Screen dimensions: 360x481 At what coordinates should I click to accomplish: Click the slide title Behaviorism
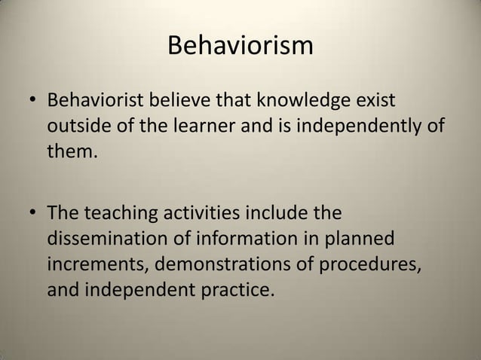tap(240, 47)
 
